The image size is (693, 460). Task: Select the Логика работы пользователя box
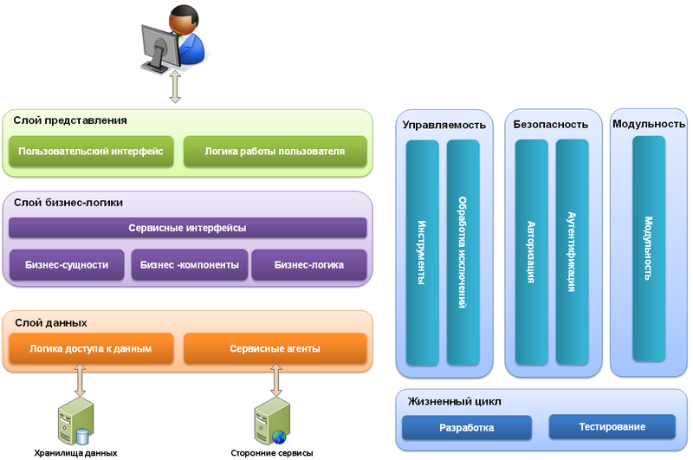click(x=275, y=151)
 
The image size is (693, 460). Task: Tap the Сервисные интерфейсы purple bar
click(x=187, y=228)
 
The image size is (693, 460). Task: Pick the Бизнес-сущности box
click(x=67, y=265)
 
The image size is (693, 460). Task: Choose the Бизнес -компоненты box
click(x=189, y=265)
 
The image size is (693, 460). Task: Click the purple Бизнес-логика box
click(x=309, y=265)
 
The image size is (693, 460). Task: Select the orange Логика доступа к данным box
click(x=91, y=349)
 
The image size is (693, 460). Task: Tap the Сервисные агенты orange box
click(x=275, y=349)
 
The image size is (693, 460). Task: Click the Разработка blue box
click(x=467, y=427)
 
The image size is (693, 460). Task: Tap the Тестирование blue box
click(x=612, y=427)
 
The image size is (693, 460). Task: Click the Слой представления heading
click(x=71, y=120)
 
